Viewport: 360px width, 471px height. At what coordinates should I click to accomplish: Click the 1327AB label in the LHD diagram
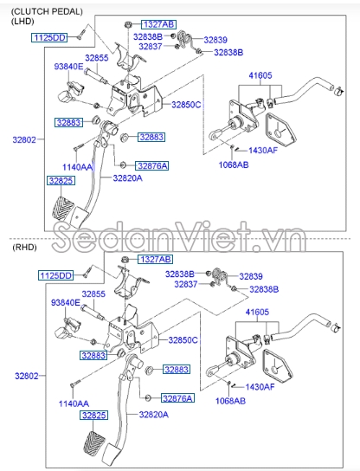click(x=158, y=24)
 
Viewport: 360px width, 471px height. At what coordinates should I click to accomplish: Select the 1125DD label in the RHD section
click(x=56, y=275)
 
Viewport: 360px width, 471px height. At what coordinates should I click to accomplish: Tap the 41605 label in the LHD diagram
click(x=260, y=75)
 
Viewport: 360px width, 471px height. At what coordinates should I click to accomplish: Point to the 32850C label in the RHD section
click(x=183, y=340)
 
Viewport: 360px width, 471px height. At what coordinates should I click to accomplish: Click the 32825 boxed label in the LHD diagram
click(x=61, y=181)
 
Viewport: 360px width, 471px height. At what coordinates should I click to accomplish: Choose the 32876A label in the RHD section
click(x=177, y=398)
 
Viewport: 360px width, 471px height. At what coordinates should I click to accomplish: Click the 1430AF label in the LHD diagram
click(x=263, y=150)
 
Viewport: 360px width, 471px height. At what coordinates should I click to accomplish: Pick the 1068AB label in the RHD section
click(x=230, y=401)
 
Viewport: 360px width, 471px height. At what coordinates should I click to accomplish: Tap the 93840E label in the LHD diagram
click(x=68, y=67)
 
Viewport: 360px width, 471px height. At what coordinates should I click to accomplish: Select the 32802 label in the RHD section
click(x=27, y=376)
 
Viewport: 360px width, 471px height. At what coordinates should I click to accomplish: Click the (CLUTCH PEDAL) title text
click(x=47, y=12)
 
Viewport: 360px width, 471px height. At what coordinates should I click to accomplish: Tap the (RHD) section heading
click(x=24, y=248)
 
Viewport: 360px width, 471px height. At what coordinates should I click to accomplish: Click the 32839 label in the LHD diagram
click(x=215, y=40)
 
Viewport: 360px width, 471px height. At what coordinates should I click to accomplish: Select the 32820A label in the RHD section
click(x=154, y=415)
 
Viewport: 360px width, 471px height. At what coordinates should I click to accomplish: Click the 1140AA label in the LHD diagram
click(x=77, y=167)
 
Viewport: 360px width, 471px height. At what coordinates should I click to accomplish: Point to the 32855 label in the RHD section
click(x=93, y=294)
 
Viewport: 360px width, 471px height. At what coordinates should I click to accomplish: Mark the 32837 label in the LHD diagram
click(x=151, y=47)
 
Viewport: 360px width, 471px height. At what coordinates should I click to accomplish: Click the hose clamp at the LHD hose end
click(x=339, y=90)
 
